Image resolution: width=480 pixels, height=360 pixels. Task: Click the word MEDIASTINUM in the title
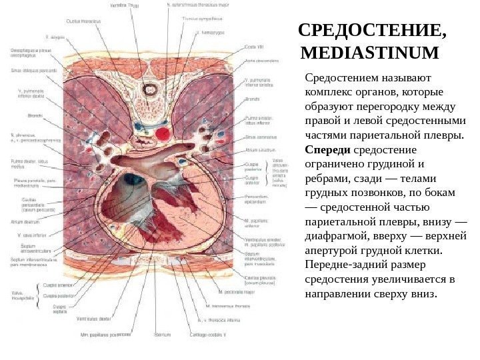click(x=371, y=52)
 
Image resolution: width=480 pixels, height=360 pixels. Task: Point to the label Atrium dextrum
click(x=24, y=223)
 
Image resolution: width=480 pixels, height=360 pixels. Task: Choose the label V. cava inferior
click(x=27, y=234)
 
